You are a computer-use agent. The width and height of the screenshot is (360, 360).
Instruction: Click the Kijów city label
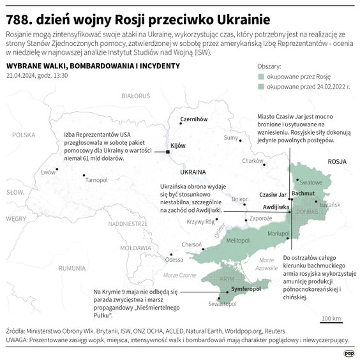coord(178,146)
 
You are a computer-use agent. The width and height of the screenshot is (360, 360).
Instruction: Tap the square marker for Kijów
coord(167,152)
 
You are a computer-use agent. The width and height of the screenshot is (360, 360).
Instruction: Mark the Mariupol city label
coord(278,234)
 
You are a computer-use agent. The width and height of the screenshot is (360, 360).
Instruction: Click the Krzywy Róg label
coord(200,221)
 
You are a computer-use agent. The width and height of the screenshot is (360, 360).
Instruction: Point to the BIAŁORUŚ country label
coord(135,95)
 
